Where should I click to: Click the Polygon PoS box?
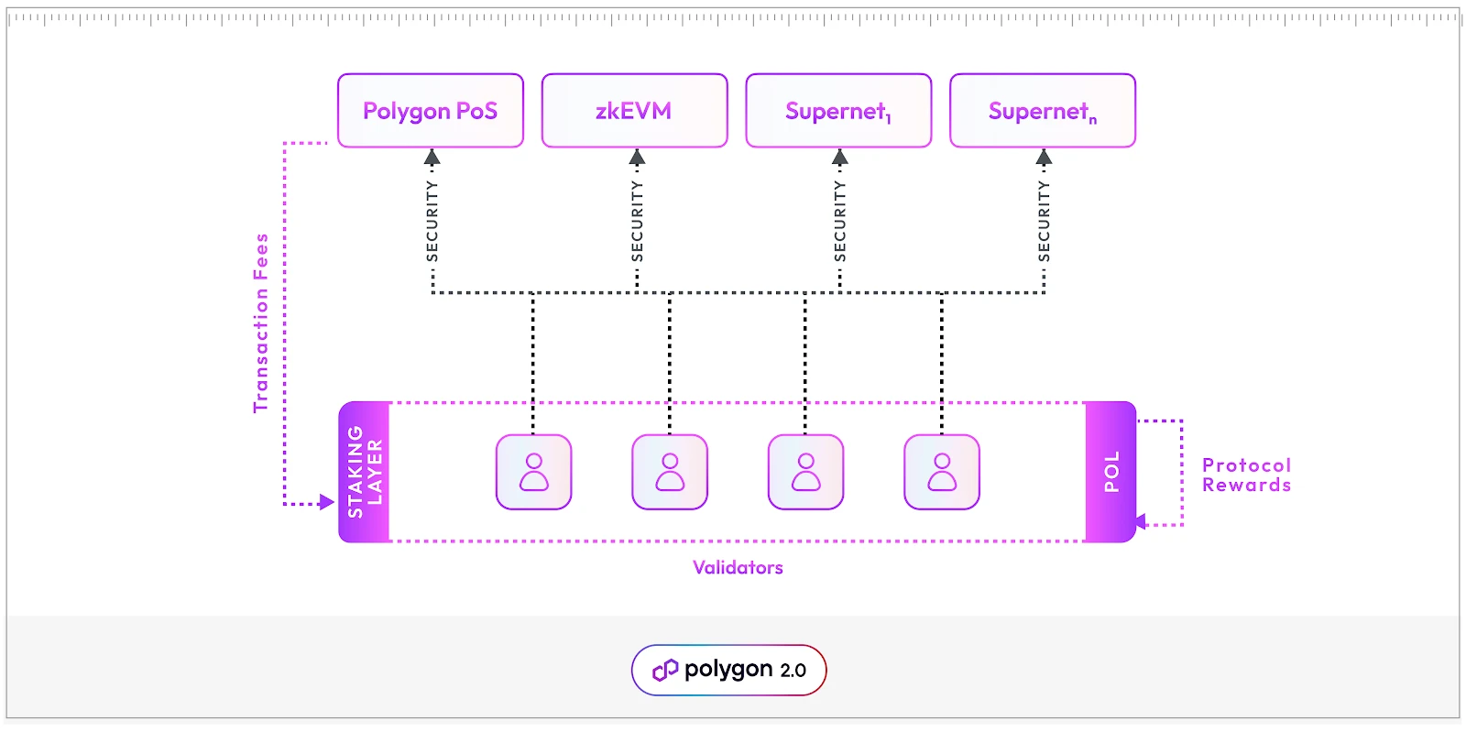[x=431, y=111]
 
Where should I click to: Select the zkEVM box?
[x=634, y=111]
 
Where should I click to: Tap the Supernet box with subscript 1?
[x=838, y=111]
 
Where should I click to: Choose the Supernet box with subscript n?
[x=1043, y=111]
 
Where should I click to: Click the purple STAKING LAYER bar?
[x=365, y=472]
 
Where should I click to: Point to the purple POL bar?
[x=1110, y=472]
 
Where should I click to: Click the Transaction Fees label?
[x=261, y=322]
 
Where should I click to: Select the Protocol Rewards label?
[x=1246, y=475]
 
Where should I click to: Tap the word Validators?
[x=738, y=567]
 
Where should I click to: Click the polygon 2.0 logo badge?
[x=729, y=670]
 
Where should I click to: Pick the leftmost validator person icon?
[x=534, y=472]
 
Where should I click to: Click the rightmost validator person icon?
[x=942, y=472]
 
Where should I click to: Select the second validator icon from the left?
[x=670, y=472]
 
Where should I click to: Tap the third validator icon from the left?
[x=806, y=472]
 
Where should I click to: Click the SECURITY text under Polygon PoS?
[x=432, y=221]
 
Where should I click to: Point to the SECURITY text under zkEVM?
[x=638, y=221]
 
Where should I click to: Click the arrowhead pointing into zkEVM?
[x=638, y=158]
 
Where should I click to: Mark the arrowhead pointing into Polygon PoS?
[x=432, y=158]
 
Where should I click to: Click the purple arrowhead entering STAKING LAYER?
[x=326, y=502]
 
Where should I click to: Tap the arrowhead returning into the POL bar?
[x=1141, y=522]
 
